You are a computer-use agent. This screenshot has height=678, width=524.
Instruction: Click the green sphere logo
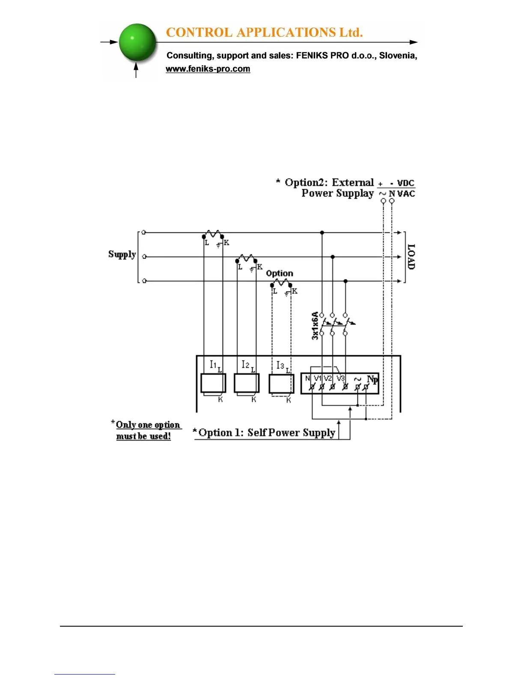(x=137, y=42)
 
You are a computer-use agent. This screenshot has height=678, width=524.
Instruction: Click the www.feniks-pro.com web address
(x=208, y=69)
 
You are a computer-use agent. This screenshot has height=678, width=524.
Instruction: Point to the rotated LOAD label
(x=411, y=256)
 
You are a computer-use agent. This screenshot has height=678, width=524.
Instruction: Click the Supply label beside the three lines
(x=122, y=254)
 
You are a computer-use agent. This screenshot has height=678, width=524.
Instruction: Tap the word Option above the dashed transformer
(x=280, y=273)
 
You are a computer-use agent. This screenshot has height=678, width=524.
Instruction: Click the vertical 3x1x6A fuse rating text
(x=315, y=326)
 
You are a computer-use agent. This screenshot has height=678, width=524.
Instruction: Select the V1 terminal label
(x=318, y=378)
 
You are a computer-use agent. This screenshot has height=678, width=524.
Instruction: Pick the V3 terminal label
(x=340, y=378)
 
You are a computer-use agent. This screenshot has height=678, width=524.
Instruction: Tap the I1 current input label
(x=213, y=364)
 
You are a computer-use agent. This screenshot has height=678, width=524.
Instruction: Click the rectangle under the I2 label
(x=246, y=383)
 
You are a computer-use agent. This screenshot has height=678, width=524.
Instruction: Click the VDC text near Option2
(x=406, y=183)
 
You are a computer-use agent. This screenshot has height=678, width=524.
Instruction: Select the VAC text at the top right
(x=406, y=193)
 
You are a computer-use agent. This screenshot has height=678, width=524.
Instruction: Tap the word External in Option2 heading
(x=353, y=183)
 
